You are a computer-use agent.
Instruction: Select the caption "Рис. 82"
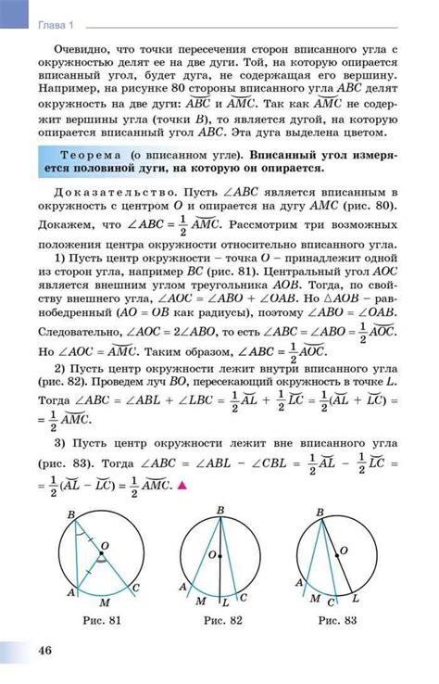[222, 619]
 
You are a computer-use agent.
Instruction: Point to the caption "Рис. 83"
[339, 619]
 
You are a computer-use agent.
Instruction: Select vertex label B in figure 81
[71, 513]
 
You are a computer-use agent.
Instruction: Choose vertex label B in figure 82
[219, 511]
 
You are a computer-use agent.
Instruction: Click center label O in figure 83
[343, 551]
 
